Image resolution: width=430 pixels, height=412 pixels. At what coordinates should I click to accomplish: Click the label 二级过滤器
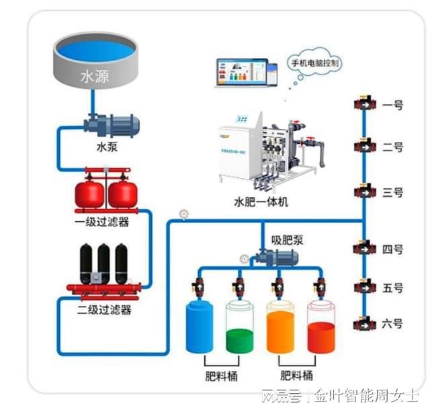(106, 310)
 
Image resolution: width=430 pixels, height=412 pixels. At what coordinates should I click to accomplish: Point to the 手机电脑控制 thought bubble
(314, 63)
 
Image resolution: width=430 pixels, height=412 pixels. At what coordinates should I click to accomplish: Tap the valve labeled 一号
(364, 105)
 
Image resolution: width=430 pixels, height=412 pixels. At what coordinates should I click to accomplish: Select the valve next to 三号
(364, 192)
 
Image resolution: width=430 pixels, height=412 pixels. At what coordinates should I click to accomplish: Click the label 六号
(392, 323)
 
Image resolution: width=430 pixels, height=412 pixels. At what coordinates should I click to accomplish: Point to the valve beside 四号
(364, 248)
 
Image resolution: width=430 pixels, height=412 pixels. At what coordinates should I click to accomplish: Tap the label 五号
(392, 288)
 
